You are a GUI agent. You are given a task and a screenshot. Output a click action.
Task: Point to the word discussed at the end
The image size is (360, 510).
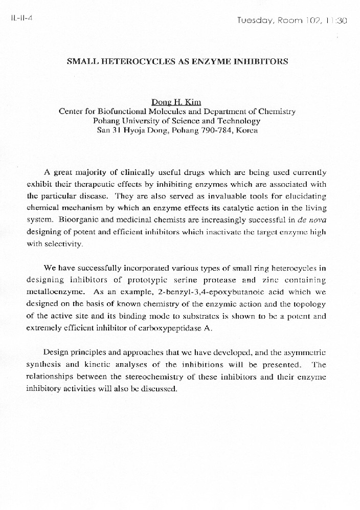(159, 389)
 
